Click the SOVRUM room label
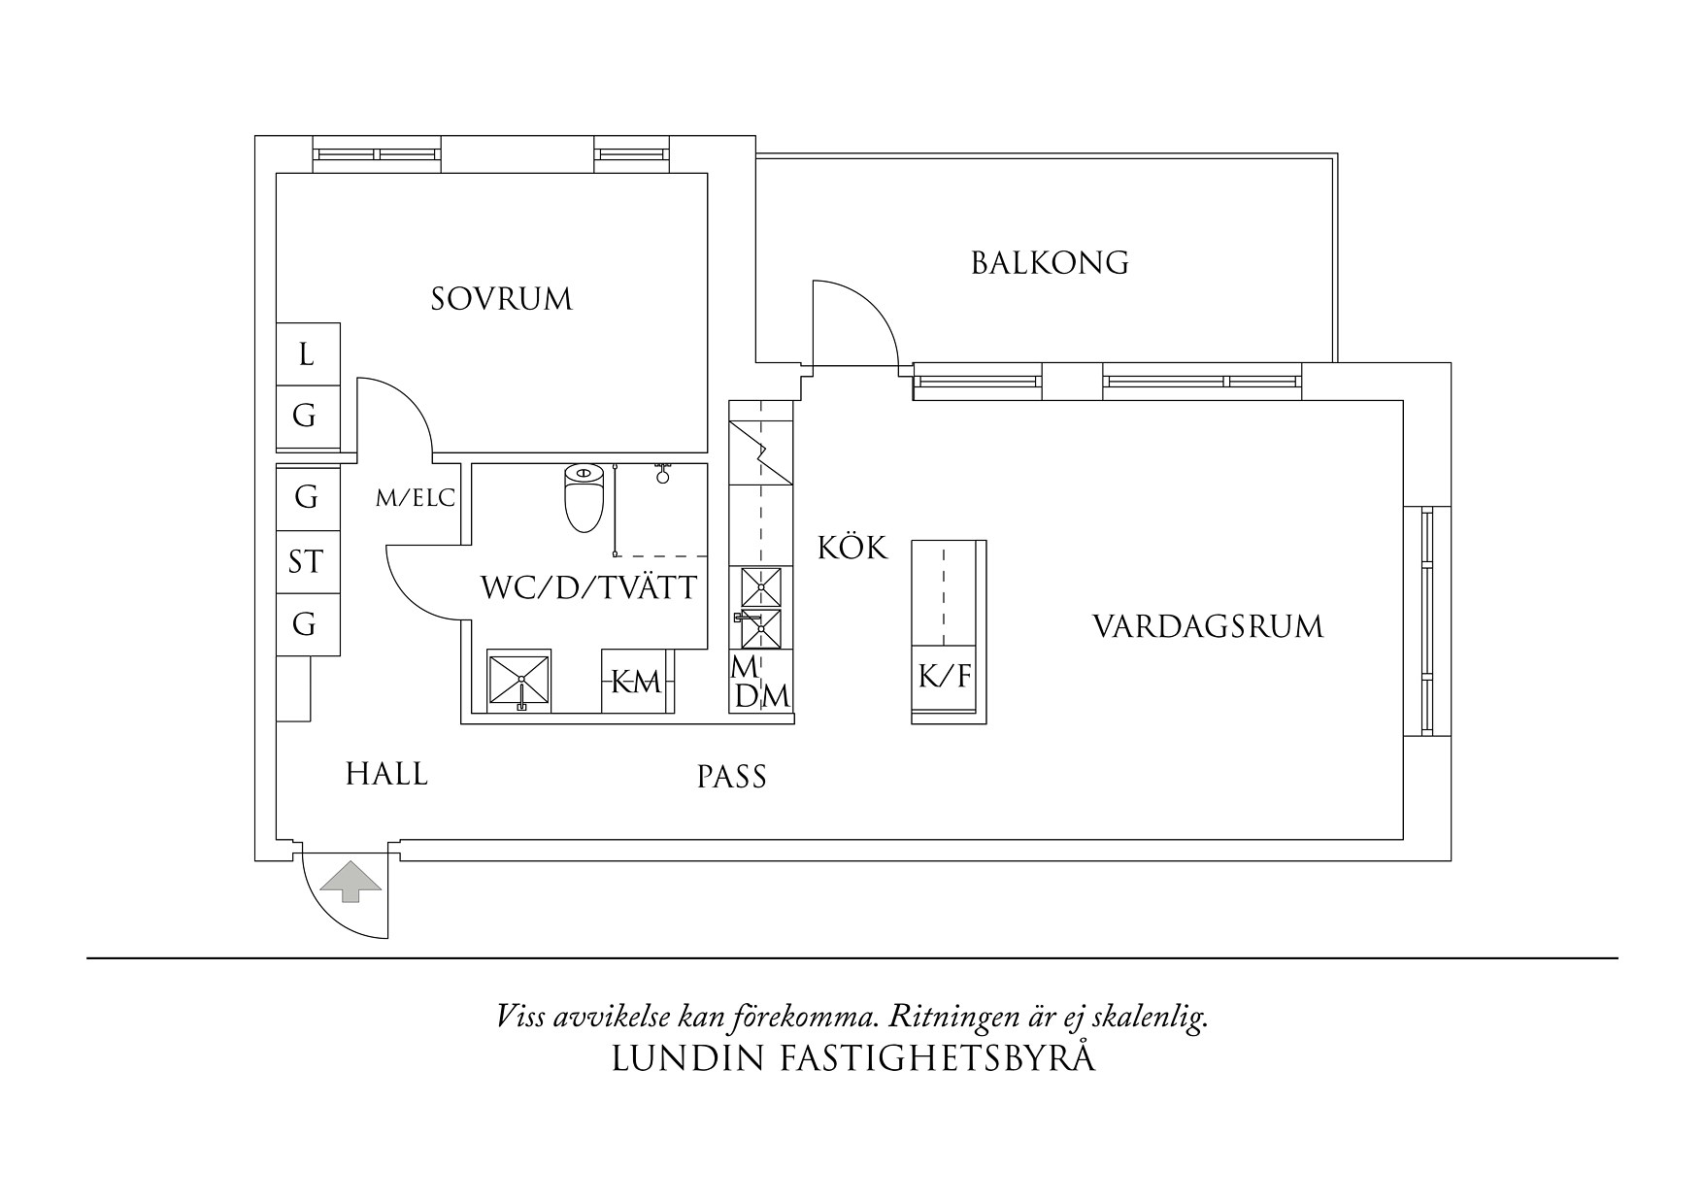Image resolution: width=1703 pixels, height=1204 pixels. point(502,299)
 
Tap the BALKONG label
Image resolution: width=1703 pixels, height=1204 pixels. point(1050,263)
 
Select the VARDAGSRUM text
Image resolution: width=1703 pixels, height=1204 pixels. point(1208,626)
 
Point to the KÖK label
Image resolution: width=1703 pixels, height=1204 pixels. point(851,549)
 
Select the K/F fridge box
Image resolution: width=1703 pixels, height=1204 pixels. point(945,676)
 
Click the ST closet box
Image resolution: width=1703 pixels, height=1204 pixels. point(306,561)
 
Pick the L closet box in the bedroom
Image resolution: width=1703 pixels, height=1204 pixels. point(307,354)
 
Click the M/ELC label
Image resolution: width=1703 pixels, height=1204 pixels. point(416,499)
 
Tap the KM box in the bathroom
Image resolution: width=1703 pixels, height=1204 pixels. point(636,683)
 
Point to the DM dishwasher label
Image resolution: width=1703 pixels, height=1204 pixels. point(762,697)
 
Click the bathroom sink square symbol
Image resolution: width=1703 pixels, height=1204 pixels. point(519,681)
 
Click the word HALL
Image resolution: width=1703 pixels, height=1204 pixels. point(386,774)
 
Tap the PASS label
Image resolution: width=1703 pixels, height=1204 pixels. point(732,777)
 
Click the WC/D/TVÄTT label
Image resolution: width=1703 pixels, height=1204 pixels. point(589,588)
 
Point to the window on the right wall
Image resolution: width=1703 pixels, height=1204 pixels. point(1426,620)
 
